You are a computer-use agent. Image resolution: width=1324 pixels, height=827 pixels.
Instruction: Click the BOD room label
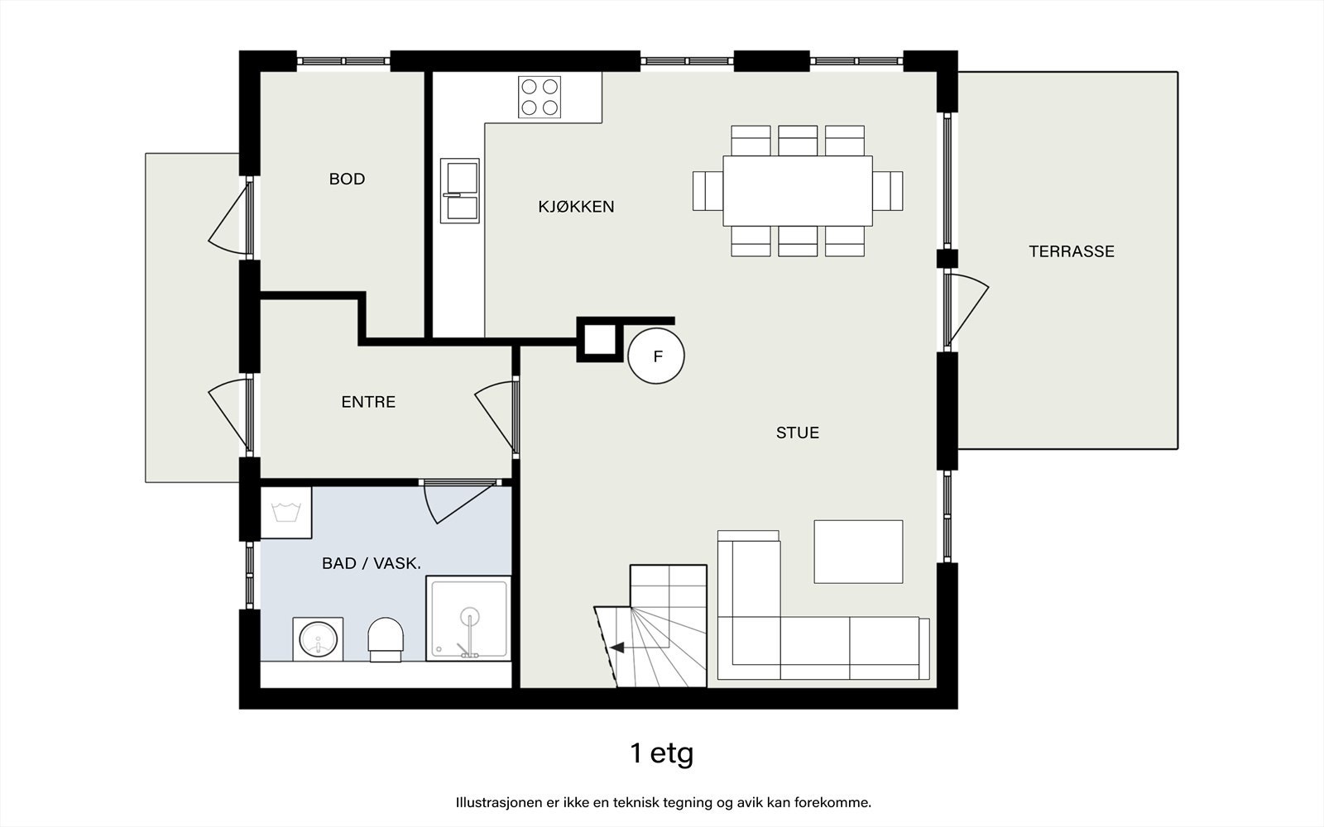pos(347,179)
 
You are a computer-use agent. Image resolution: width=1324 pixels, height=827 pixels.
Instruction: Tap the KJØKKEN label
pos(576,207)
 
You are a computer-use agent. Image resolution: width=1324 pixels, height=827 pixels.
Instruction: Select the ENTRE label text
pos(368,402)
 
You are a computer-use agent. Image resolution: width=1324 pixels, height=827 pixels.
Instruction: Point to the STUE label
pos(798,433)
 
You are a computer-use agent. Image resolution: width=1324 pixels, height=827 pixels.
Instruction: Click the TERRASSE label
pos(1072,251)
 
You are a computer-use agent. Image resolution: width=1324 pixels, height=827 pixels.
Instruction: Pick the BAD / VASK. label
pos(372,563)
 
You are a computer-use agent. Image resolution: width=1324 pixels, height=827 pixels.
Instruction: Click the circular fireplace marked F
pos(656,356)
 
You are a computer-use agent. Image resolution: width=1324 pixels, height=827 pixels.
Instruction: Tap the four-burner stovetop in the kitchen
pos(540,97)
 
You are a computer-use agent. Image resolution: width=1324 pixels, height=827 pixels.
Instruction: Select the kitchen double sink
pos(460,191)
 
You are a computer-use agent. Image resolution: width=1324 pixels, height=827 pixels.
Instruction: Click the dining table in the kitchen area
pos(798,191)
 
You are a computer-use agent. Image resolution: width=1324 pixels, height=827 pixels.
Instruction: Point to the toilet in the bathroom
pos(386,640)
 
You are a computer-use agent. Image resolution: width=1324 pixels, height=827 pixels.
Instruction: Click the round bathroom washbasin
pos(318,639)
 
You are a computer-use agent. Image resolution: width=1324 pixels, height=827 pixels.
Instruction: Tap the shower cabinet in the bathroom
pos(468,619)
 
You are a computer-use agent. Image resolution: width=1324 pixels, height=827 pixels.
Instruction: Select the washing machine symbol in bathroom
pos(286,513)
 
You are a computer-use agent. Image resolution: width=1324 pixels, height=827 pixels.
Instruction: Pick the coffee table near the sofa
pos(858,552)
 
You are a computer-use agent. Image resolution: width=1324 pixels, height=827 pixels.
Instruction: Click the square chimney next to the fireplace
pos(600,340)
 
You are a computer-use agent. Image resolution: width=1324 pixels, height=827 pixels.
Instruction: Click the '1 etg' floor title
pos(661,753)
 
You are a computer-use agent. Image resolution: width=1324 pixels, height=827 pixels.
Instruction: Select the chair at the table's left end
pos(708,191)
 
